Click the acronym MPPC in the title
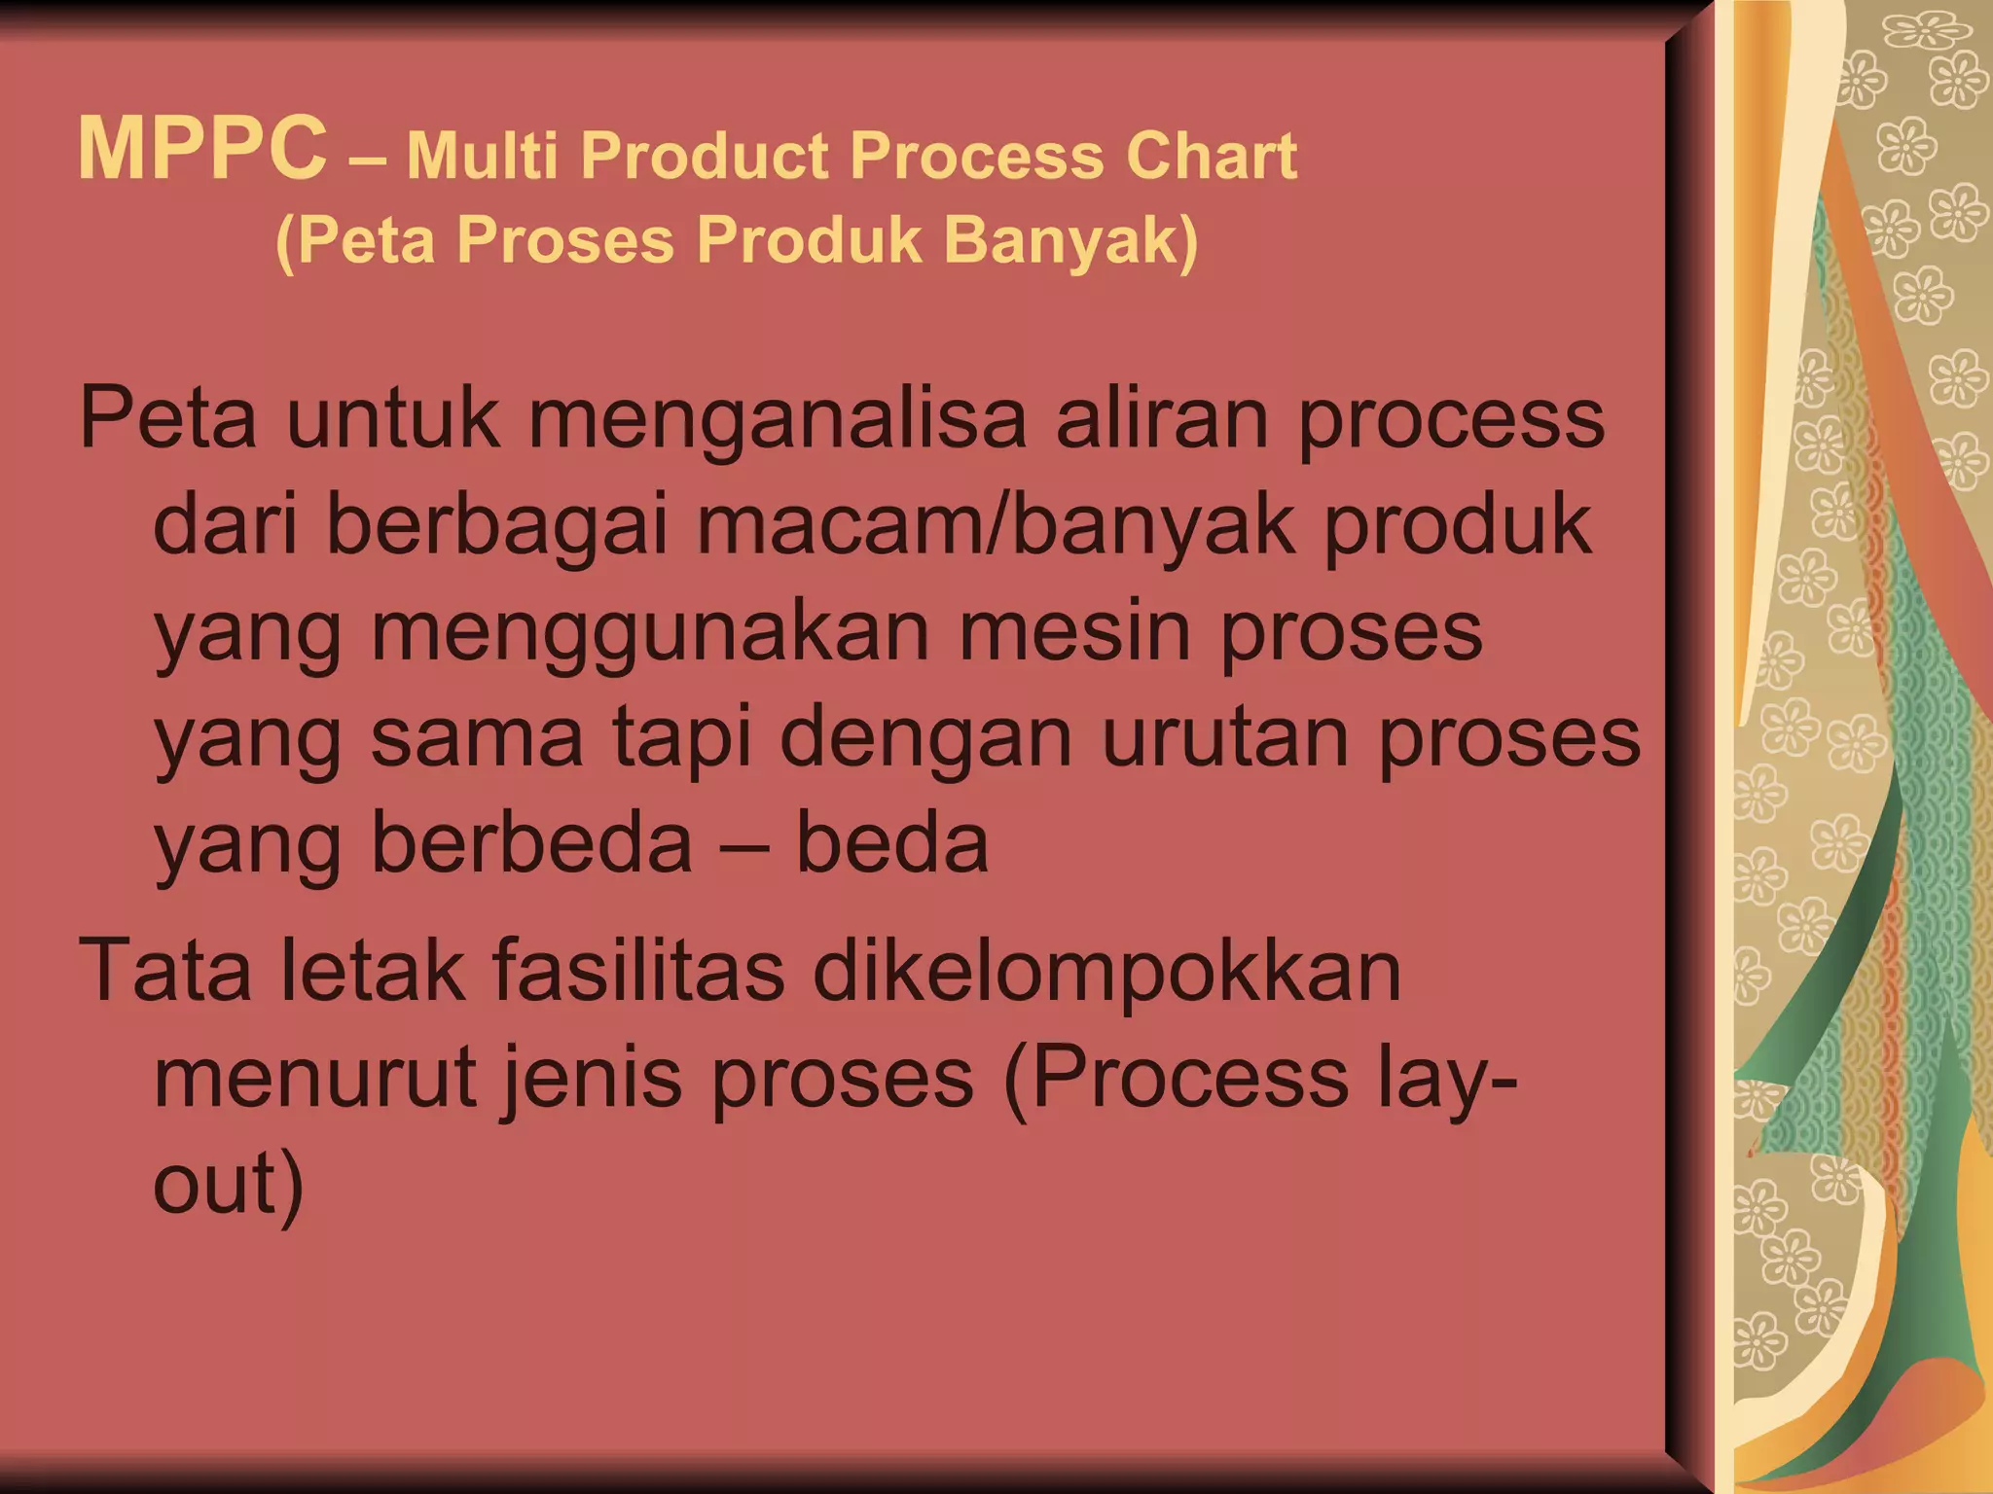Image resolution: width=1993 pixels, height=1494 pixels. click(x=202, y=149)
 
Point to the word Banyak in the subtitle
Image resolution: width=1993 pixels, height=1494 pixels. click(x=1070, y=240)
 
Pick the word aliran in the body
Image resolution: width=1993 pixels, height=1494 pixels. click(x=1163, y=419)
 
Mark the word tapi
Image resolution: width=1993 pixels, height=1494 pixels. click(x=682, y=738)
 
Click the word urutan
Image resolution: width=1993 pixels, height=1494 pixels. click(x=1225, y=738)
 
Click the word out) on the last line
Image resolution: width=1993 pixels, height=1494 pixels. click(x=229, y=1185)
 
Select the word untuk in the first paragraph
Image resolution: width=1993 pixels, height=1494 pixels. click(x=392, y=419)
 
